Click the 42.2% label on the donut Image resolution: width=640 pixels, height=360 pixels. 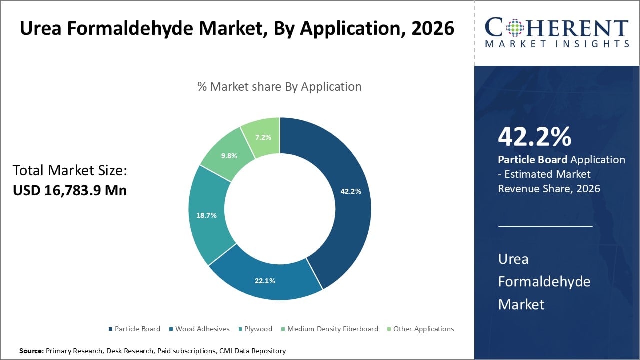click(351, 191)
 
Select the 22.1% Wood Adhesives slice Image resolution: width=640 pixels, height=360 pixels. click(265, 280)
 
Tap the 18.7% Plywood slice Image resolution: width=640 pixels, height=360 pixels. click(207, 215)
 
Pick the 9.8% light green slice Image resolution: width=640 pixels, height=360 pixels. click(229, 155)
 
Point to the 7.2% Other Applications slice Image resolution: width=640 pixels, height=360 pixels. click(263, 136)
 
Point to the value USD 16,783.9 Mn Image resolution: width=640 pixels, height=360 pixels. click(70, 190)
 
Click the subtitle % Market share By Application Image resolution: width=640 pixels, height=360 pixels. click(279, 86)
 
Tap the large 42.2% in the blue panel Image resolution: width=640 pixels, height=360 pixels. click(534, 137)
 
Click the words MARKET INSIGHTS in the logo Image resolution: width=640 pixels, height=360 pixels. click(557, 44)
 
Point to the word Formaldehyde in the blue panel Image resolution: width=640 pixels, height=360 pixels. click(544, 281)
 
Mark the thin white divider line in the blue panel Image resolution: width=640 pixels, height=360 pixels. click(545, 226)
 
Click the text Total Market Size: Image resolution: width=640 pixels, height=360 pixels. click(70, 171)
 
